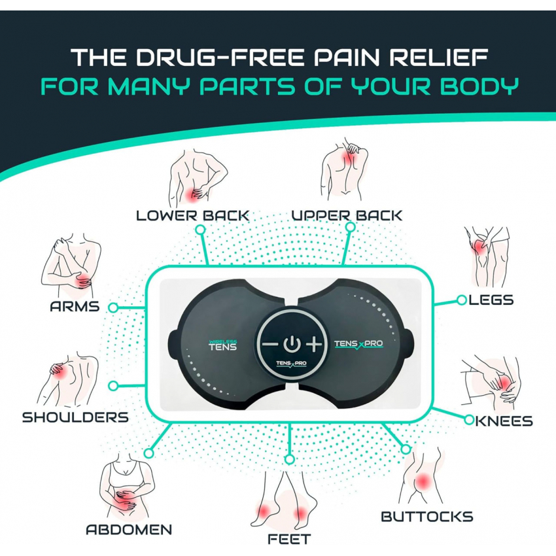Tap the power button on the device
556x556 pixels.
[x=292, y=344]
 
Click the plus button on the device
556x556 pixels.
[x=314, y=344]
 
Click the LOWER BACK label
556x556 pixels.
[x=193, y=216]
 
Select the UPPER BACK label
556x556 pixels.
[x=347, y=215]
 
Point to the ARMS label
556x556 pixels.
[x=75, y=306]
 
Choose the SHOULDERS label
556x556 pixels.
[x=75, y=417]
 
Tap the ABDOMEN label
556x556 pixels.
[x=129, y=529]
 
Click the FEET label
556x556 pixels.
[x=289, y=539]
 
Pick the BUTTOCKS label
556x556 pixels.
[x=427, y=516]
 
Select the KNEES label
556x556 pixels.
[x=504, y=421]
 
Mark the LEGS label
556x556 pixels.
[x=491, y=300]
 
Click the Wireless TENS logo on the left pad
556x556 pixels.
[x=222, y=345]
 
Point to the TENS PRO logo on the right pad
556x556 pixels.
[x=359, y=344]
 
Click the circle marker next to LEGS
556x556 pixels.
[x=461, y=300]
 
